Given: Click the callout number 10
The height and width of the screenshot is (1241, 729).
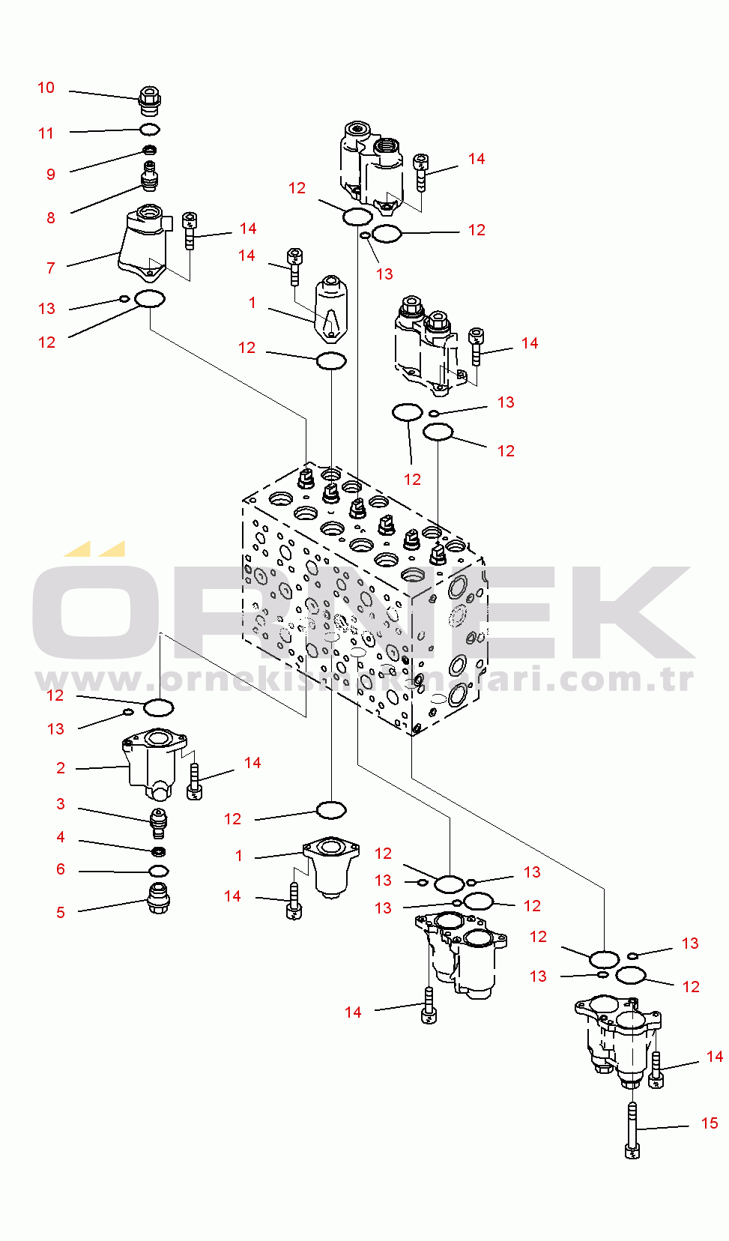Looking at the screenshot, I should coord(46,88).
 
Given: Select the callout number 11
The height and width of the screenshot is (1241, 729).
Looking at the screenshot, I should coord(46,133).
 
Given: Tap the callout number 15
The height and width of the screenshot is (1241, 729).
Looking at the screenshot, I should coord(710,1123).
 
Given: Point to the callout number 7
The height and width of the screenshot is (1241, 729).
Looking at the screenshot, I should coord(51,268).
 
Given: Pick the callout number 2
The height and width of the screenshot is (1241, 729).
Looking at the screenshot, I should coord(61,767).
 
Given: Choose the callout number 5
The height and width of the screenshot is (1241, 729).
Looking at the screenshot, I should coord(61,912).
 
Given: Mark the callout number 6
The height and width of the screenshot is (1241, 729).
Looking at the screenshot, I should coord(61,869).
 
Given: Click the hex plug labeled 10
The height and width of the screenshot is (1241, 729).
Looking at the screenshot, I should coord(150,100).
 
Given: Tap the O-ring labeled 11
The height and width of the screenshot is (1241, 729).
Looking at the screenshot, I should coord(150,130).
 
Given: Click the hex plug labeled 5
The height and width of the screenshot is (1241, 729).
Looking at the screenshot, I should coord(158,897).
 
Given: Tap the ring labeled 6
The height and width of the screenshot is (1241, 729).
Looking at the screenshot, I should coord(158,871).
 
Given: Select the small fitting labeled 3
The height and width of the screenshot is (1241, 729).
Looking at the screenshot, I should coord(158,822).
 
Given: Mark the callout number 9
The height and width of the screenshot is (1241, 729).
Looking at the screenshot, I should coord(51,174).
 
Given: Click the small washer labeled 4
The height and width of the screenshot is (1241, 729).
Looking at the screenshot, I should coord(158,851).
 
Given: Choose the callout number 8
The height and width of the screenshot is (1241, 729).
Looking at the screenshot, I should coord(51,217).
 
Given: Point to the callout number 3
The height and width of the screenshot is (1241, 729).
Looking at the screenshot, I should coord(61,803).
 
